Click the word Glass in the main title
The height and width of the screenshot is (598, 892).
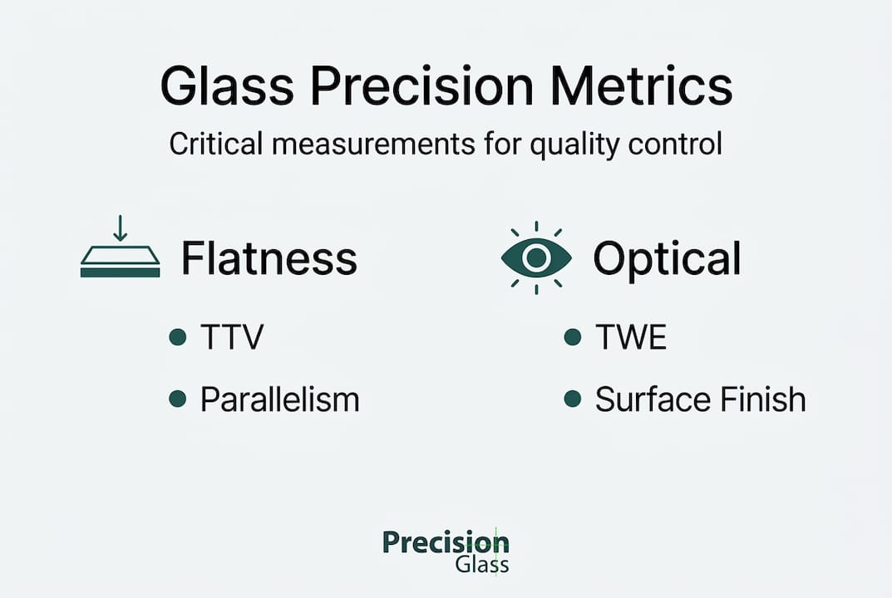(x=224, y=86)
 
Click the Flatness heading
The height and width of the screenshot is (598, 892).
(x=269, y=258)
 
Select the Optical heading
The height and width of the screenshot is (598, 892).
(x=667, y=258)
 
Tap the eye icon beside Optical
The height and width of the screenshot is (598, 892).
(x=536, y=258)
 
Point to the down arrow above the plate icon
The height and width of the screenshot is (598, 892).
(x=121, y=228)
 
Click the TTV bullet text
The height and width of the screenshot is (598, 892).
(x=232, y=337)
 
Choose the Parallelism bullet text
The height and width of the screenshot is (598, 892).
(x=280, y=399)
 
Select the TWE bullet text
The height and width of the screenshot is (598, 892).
(x=631, y=337)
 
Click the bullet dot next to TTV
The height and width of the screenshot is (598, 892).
(x=177, y=337)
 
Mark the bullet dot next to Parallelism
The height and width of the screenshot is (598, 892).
(x=177, y=399)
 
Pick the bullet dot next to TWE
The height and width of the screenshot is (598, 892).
(x=572, y=337)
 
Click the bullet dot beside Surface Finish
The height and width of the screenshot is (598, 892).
(x=572, y=399)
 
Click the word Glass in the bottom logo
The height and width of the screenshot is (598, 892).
(x=482, y=566)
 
